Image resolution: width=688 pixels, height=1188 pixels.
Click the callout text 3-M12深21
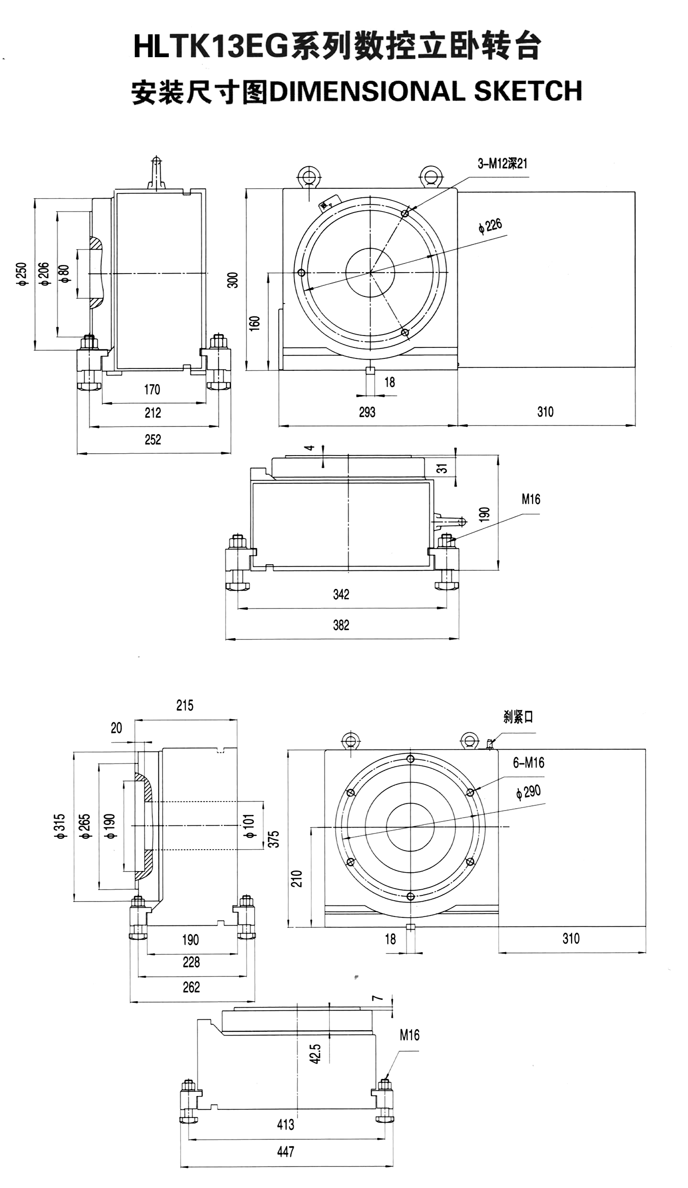(503, 164)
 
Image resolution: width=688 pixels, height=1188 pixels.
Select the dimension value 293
(367, 412)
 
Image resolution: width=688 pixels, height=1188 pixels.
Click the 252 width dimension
(153, 439)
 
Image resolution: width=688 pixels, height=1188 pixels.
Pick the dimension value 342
(341, 594)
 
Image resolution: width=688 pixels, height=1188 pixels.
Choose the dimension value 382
(341, 625)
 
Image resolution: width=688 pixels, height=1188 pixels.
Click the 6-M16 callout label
(528, 763)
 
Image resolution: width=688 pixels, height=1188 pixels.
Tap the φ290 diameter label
(528, 792)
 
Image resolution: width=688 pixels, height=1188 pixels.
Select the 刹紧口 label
(518, 717)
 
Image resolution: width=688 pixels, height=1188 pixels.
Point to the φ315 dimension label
(60, 827)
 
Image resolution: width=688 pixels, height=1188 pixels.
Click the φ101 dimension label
(250, 826)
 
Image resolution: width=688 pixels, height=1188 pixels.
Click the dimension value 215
(185, 706)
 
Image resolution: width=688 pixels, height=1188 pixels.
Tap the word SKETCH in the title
(528, 91)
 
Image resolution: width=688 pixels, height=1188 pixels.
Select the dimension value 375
(274, 839)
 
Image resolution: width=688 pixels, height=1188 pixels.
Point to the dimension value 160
(255, 323)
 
